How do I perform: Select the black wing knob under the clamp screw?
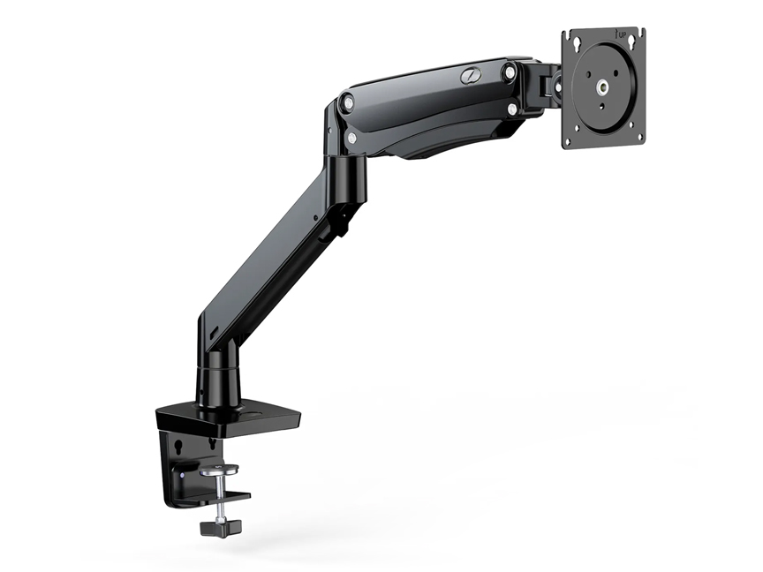click(x=215, y=528)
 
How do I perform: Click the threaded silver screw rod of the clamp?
click(x=215, y=500)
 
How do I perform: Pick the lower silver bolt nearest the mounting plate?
click(x=511, y=109)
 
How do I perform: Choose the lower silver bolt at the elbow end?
click(x=352, y=138)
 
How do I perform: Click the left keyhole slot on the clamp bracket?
click(x=180, y=447)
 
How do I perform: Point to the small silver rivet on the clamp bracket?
click(x=184, y=476)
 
